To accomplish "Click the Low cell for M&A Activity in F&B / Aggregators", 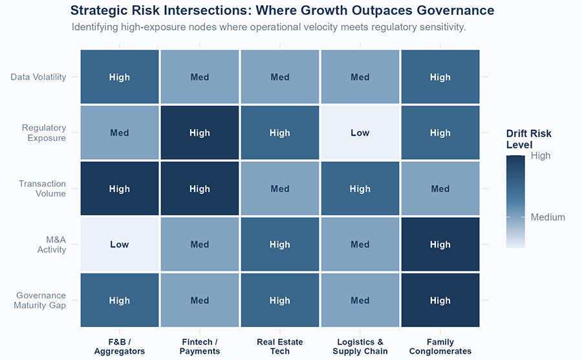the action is [120, 244].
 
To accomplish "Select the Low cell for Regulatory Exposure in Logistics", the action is [360, 132].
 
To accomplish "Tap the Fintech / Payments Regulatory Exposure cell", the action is [200, 132].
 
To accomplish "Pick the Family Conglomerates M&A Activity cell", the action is [440, 244].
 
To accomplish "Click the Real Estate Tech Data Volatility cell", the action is [280, 77].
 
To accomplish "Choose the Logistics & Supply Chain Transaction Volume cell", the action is [360, 189].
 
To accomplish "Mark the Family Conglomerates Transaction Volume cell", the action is [440, 189].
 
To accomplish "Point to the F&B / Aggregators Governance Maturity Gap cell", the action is [120, 301].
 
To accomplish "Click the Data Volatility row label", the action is [38, 77].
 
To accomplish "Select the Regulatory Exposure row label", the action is [44, 132].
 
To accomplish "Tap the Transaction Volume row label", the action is [42, 189].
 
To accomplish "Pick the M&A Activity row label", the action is [52, 244].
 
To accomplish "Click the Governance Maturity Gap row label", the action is [39, 301].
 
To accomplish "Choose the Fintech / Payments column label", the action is [200, 346].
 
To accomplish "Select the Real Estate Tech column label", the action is [280, 346].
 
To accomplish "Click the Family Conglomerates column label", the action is [440, 346].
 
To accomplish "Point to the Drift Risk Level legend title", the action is [528, 139].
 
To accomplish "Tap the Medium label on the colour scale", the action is [548, 217].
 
